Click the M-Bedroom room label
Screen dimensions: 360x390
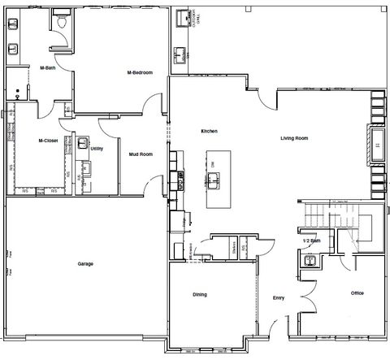(x=141, y=72)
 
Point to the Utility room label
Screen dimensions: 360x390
(x=97, y=149)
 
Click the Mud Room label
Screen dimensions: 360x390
(x=141, y=153)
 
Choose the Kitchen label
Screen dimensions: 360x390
(x=210, y=131)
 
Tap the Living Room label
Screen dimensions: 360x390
(x=294, y=138)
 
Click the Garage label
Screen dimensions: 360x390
(x=85, y=265)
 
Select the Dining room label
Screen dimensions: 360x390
(x=201, y=293)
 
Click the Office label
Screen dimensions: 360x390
(x=357, y=293)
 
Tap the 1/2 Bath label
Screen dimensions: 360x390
(x=310, y=241)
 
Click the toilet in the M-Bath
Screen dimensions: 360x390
(x=63, y=24)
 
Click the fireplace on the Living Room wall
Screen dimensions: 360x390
(x=378, y=145)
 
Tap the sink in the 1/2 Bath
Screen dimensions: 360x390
(x=308, y=260)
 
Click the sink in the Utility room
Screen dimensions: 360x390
(x=84, y=144)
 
